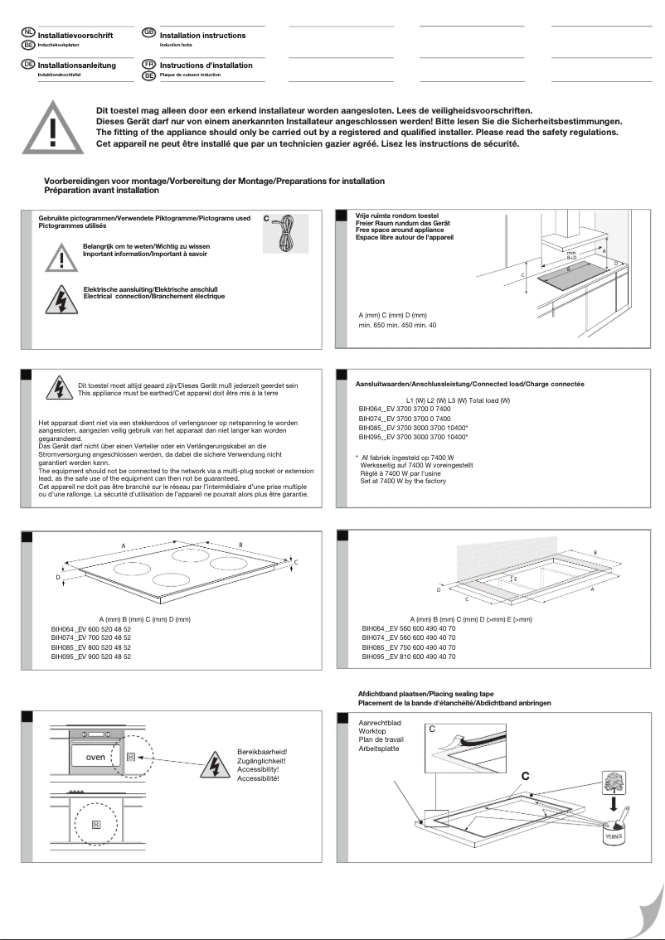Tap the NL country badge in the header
pyautogui.click(x=29, y=32)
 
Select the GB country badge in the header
pyautogui.click(x=149, y=32)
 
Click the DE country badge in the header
pyautogui.click(x=28, y=64)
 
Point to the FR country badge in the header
pyautogui.click(x=149, y=64)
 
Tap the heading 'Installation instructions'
pyautogui.click(x=202, y=36)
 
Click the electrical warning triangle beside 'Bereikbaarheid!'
pyautogui.click(x=213, y=766)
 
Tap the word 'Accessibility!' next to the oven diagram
pyautogui.click(x=258, y=771)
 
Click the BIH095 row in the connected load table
pyautogui.click(x=413, y=436)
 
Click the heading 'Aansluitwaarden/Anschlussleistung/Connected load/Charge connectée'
pyautogui.click(x=469, y=384)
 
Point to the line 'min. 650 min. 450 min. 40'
pyautogui.click(x=397, y=325)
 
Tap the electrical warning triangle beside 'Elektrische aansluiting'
pyautogui.click(x=59, y=298)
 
